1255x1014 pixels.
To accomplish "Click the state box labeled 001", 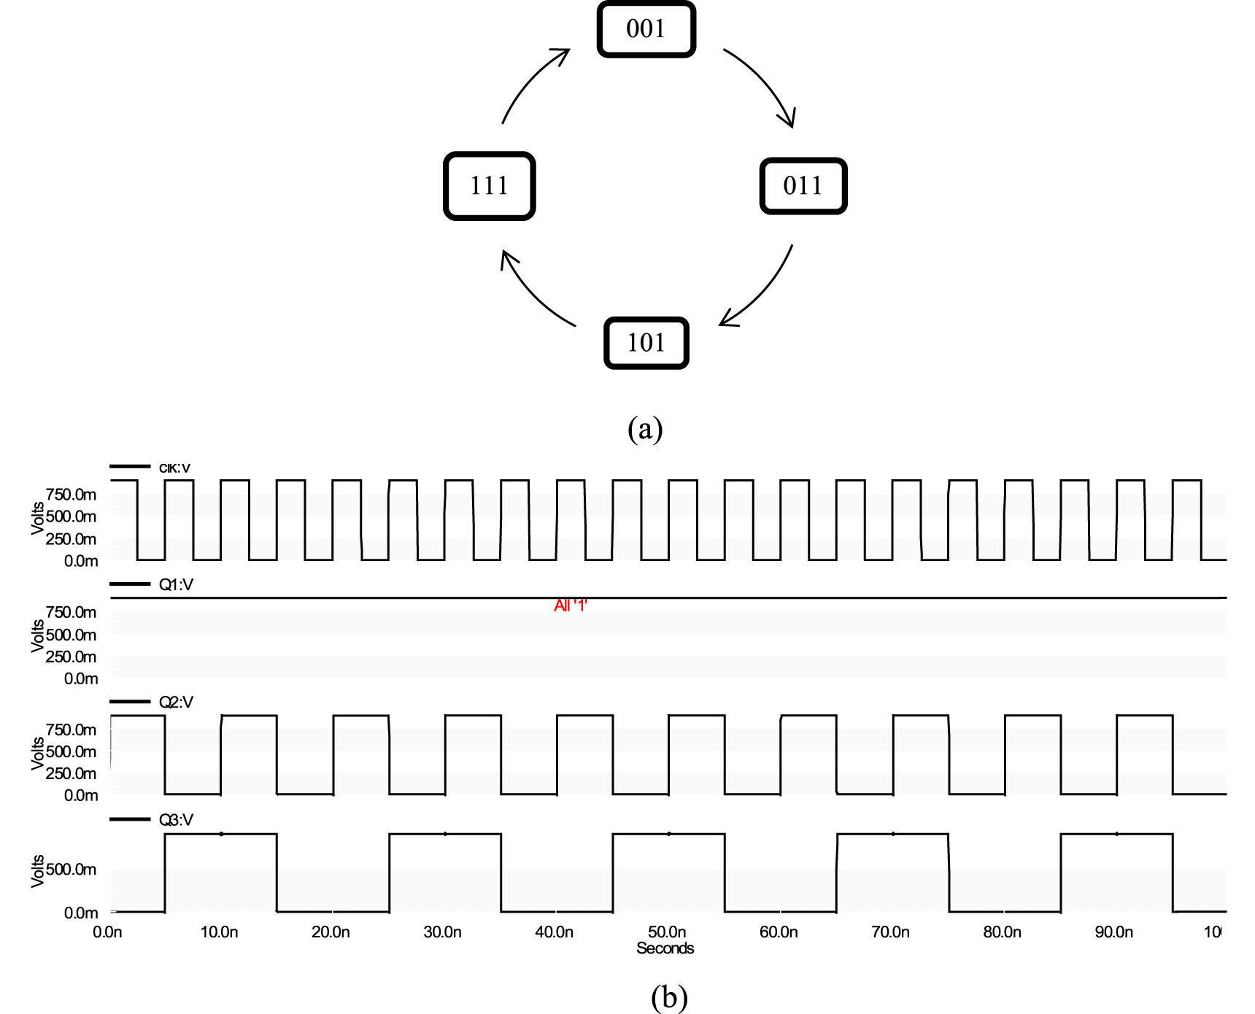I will coord(646,29).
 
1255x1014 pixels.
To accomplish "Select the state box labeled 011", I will coord(803,186).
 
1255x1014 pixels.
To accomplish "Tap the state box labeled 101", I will coord(646,343).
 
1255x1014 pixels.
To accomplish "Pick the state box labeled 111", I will coord(490,186).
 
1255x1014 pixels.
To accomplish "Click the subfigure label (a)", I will coord(645,429).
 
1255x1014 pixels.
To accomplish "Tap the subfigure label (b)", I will coord(668,997).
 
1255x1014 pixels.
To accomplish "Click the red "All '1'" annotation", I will coord(571,606).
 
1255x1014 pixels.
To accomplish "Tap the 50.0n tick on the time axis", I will coord(667,932).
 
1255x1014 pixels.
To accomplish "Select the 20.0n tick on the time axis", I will coord(331,932).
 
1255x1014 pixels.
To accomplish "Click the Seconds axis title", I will coord(665,948).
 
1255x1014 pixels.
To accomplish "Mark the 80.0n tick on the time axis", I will coord(1002,932).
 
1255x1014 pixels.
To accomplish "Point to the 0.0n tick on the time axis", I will coord(107,932).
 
